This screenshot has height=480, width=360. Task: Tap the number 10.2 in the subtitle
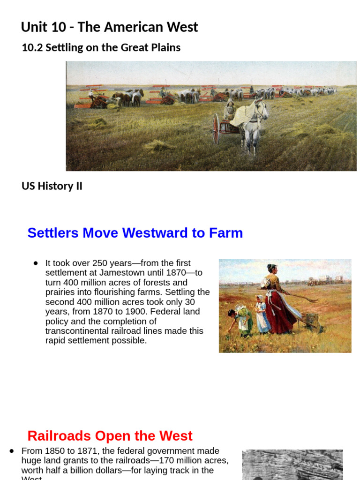click(x=31, y=48)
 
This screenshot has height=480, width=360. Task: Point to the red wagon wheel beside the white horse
click(x=216, y=128)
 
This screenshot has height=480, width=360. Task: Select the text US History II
click(x=52, y=186)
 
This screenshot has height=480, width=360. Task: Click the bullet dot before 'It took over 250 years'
click(x=36, y=263)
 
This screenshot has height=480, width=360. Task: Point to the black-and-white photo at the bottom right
click(x=292, y=465)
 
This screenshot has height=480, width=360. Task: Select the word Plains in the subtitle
click(x=165, y=48)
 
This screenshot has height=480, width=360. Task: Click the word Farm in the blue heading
click(x=227, y=233)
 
